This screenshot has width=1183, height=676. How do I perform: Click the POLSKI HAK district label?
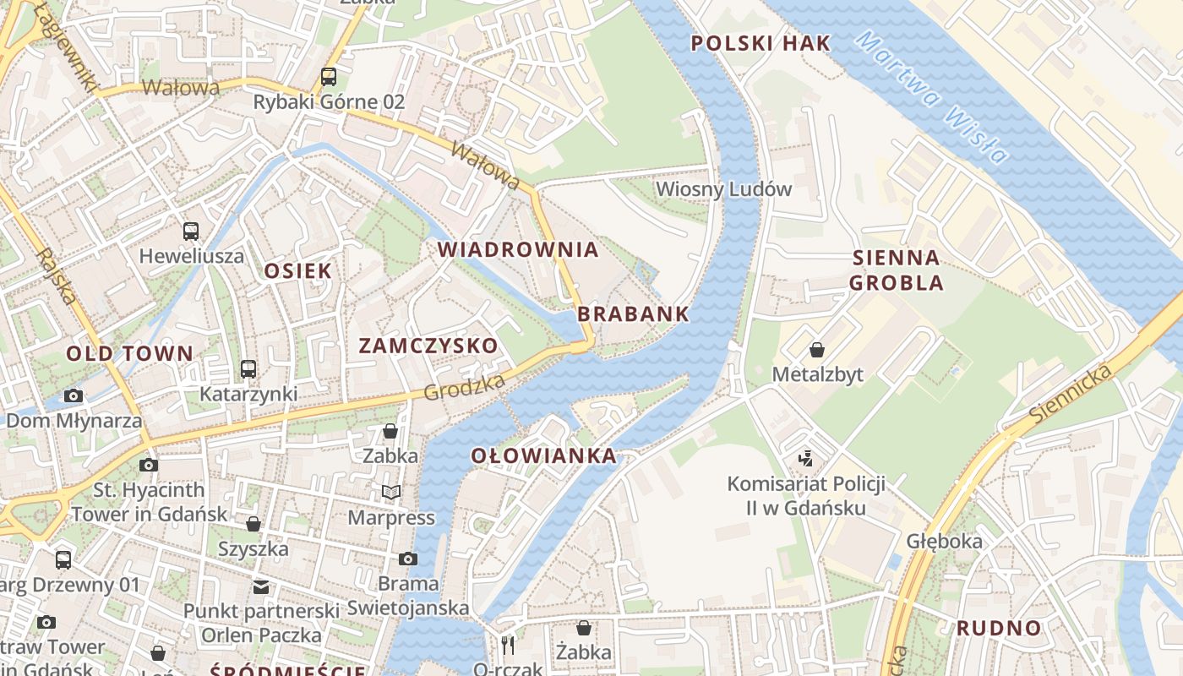coord(760,43)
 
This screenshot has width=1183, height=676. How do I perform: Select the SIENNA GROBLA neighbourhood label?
coord(896,270)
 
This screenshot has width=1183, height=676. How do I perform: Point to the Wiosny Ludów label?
coord(724,188)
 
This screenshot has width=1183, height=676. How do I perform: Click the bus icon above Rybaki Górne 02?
coord(329,77)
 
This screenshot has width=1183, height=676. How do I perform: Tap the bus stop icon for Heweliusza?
coord(191,231)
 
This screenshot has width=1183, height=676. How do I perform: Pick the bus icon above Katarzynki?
coord(248,368)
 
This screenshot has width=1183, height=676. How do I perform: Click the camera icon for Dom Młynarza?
coord(74,395)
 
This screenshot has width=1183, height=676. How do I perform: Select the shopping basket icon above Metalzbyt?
coord(817,349)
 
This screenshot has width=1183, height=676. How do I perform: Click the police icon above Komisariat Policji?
coord(806,459)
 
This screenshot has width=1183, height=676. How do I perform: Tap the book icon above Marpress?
coord(390,492)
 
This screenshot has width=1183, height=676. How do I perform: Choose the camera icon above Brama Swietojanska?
coord(407,559)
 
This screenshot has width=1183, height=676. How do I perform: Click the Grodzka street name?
coord(465,387)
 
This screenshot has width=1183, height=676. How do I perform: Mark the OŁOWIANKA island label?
coord(543,456)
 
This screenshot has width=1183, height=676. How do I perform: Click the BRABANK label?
coord(633,314)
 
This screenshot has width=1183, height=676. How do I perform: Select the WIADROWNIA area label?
coord(518,249)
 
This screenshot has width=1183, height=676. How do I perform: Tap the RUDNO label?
coord(999,628)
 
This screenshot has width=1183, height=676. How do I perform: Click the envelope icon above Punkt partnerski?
coord(261,586)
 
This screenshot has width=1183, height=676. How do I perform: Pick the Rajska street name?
coord(56,275)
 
